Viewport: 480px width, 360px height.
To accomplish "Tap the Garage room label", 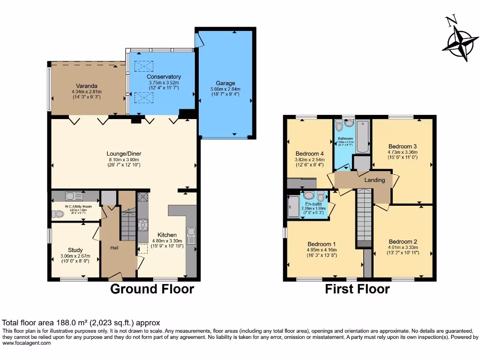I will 225,83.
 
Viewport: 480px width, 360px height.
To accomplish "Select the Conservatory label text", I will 164,77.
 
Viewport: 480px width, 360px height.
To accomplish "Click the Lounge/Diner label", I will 124,154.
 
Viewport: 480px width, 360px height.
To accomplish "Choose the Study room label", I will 75,249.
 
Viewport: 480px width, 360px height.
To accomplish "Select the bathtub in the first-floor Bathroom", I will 363,136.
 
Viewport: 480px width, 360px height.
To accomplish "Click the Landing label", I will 375,180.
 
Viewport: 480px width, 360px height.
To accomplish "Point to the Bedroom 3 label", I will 402,146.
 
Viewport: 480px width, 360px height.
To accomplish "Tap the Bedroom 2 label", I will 403,242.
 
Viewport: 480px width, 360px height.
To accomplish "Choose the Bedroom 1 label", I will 322,244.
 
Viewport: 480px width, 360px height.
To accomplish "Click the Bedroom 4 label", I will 310,154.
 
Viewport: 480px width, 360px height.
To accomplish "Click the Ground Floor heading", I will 152,289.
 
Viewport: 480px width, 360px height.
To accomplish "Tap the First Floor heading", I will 357,289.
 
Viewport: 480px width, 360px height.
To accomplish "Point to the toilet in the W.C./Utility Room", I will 59,214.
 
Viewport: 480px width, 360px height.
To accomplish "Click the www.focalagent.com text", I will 26,343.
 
